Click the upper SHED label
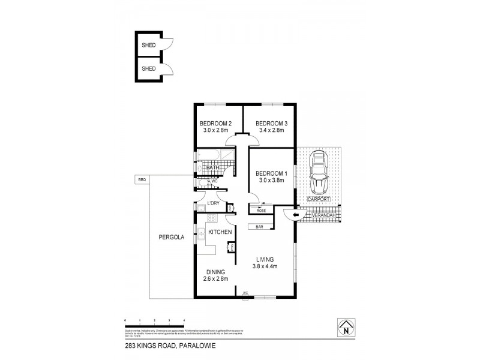(x=148, y=45)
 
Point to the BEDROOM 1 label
(x=272, y=174)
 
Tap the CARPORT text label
(x=318, y=199)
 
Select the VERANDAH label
(x=325, y=214)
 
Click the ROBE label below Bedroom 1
(x=261, y=211)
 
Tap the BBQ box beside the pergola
(x=142, y=179)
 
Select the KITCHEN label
(x=220, y=232)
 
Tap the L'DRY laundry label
(x=212, y=204)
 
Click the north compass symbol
(x=346, y=326)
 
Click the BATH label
(x=212, y=167)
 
